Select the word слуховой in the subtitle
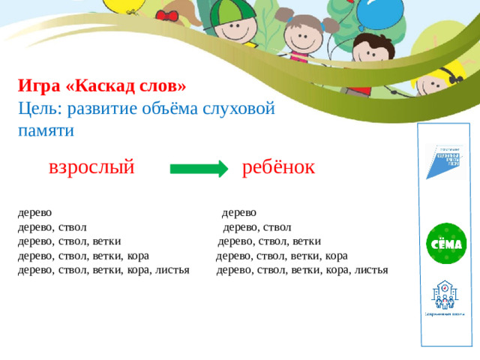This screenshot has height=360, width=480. tap(240, 108)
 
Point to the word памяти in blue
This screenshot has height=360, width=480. tap(46, 130)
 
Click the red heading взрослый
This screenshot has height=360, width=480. tap(91, 167)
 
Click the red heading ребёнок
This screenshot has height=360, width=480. tap(279, 167)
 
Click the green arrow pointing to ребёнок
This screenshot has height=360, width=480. tap(198, 169)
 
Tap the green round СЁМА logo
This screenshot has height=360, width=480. tap(446, 243)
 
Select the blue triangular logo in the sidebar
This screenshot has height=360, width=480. tap(445, 160)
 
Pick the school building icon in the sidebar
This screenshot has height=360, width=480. tap(445, 296)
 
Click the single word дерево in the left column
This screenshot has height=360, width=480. tap(34, 213)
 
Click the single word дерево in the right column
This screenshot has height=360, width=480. tap(238, 213)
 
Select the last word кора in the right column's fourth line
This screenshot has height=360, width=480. tap(336, 256)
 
